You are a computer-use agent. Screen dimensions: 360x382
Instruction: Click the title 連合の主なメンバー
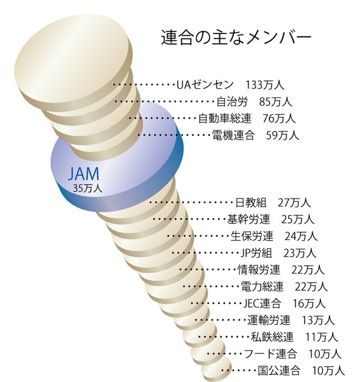click(236, 38)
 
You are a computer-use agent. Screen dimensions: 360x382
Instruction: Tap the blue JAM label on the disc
click(84, 174)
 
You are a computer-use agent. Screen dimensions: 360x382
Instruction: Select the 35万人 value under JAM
click(88, 188)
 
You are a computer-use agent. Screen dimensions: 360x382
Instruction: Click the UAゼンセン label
click(205, 85)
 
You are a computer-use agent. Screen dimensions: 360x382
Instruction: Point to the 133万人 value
click(264, 85)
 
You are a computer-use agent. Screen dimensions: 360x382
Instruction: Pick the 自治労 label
click(232, 102)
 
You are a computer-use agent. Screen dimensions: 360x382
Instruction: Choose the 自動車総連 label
click(224, 119)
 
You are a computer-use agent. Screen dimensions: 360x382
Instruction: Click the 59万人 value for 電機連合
click(282, 135)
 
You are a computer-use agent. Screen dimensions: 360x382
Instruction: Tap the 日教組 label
click(251, 203)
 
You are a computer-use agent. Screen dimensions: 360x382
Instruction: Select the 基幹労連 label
click(249, 219)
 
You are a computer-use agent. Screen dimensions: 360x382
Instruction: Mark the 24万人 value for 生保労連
click(301, 236)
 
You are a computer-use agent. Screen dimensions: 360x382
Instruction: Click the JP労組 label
click(256, 253)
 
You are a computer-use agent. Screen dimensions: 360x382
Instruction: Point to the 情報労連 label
click(259, 270)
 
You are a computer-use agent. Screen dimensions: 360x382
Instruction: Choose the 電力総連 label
click(262, 286)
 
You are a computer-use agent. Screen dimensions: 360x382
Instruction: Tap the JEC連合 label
click(263, 303)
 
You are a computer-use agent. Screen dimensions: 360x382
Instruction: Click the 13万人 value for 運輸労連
click(318, 320)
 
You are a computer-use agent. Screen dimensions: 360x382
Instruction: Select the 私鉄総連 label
click(272, 337)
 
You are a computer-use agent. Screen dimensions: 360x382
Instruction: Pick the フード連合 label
click(270, 354)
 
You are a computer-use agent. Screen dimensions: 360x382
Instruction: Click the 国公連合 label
click(279, 370)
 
